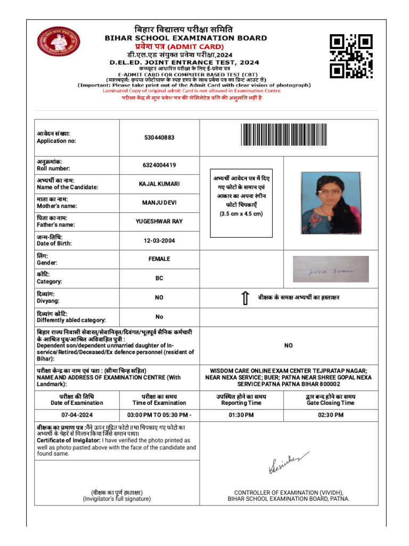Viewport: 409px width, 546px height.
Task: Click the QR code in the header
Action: (351, 56)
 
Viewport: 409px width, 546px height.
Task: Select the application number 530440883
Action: (159, 138)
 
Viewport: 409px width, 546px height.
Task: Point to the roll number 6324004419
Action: (159, 165)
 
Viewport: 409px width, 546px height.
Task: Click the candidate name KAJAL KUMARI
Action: (159, 184)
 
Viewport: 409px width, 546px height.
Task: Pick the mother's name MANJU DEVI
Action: (159, 203)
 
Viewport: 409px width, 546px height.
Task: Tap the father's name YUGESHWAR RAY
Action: (159, 221)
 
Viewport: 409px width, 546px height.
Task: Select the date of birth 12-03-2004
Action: (159, 240)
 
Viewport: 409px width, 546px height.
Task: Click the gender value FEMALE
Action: (159, 259)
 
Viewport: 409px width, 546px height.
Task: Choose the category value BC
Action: (159, 278)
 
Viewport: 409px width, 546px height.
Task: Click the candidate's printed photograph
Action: (330, 203)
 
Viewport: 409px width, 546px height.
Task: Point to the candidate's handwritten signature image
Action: (331, 269)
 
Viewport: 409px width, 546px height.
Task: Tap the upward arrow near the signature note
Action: (245, 299)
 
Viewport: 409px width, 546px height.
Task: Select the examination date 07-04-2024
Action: (77, 415)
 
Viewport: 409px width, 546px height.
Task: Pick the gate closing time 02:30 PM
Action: (330, 415)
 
